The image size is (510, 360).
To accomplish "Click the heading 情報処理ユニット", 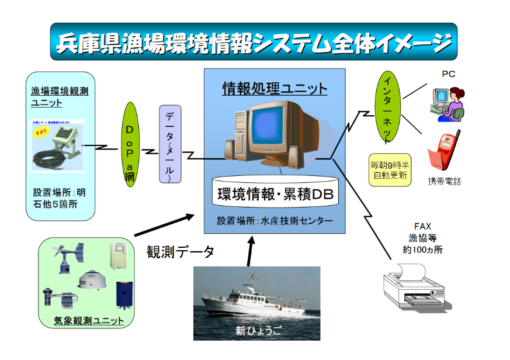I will [x=275, y=89].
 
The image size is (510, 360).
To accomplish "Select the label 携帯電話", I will [x=444, y=181].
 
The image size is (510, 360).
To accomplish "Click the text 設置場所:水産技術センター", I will [x=275, y=221].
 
